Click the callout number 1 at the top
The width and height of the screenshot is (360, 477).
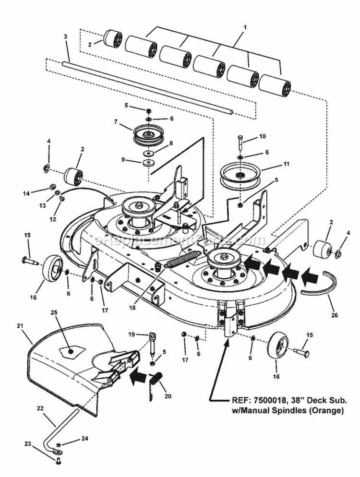coord(245,28)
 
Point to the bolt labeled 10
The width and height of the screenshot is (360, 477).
coord(240,143)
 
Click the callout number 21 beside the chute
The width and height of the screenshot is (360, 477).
coord(20,326)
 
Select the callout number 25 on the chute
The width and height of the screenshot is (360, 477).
coord(54,312)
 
